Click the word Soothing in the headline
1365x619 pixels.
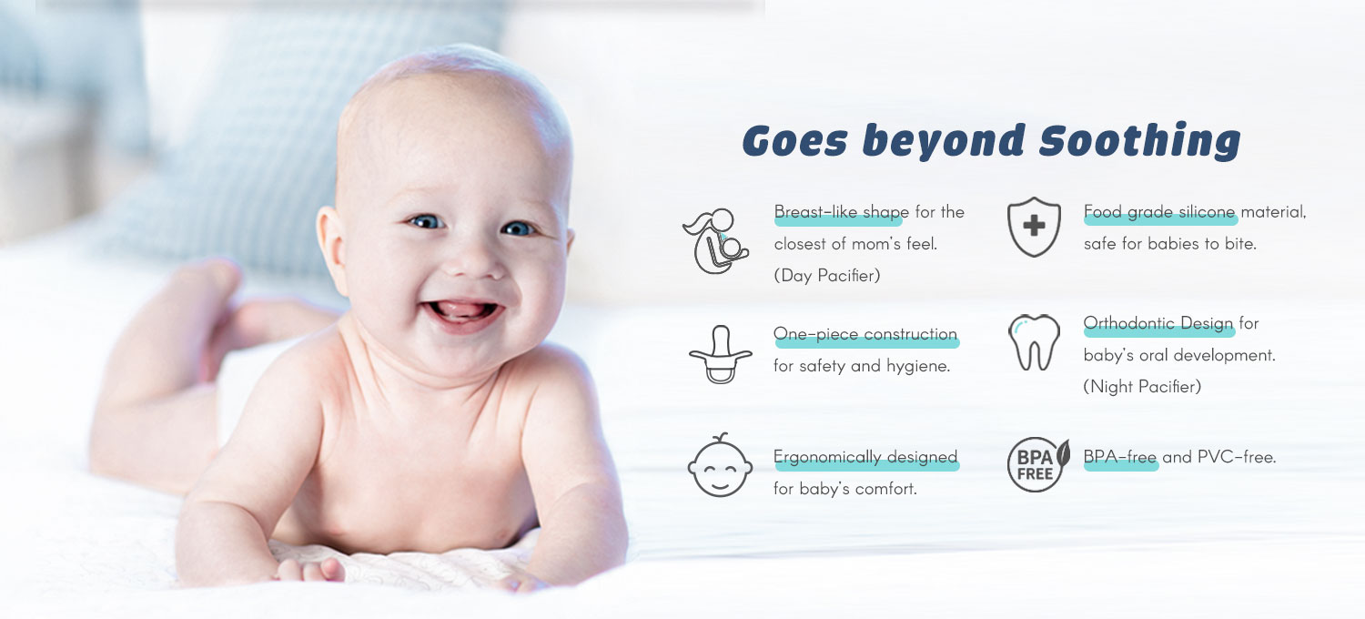(1139, 141)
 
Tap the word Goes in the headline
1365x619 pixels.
(794, 141)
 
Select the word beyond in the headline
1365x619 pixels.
(944, 142)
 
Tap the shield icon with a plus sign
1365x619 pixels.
(1034, 227)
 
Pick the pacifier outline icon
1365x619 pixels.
(721, 354)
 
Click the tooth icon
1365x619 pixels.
(1034, 342)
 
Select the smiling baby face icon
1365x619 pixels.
(720, 465)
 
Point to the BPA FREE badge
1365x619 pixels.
(1037, 465)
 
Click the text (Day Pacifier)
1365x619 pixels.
(827, 276)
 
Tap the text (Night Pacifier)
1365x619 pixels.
(1142, 387)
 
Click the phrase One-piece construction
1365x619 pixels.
(865, 334)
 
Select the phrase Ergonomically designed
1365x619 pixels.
(865, 457)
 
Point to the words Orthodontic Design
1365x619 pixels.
(1158, 323)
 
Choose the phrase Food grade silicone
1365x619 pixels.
(1159, 212)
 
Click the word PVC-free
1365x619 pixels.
(1237, 457)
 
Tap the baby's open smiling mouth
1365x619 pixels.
(462, 311)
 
